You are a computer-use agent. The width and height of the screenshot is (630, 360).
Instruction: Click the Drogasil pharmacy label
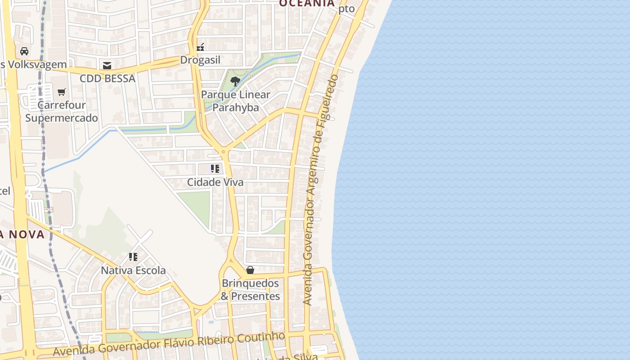200,60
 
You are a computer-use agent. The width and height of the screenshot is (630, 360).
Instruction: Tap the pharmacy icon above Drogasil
201,46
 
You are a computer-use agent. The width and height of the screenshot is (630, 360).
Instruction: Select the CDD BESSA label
108,78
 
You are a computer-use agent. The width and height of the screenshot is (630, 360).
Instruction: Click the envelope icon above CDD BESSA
107,66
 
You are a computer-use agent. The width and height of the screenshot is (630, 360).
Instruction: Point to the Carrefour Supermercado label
62,112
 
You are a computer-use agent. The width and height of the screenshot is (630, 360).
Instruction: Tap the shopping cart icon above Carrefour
62,92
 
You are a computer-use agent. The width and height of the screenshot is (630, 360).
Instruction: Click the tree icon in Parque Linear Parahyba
235,81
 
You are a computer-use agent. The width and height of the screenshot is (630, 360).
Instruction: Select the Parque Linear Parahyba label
235,101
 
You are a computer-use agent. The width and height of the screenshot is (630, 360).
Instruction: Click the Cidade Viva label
215,182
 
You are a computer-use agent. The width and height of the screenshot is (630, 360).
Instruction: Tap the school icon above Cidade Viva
215,169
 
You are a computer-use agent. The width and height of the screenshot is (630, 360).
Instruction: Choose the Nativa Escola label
133,270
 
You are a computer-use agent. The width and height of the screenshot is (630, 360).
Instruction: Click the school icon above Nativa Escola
133,257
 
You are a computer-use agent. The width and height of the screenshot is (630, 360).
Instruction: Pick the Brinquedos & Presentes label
250,290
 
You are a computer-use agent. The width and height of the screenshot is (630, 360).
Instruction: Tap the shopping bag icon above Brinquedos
250,270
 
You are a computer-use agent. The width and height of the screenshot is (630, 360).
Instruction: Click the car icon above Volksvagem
24,51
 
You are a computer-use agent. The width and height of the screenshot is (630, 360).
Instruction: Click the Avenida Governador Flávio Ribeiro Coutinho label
169,344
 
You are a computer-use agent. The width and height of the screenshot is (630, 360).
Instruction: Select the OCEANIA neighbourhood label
307,4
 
